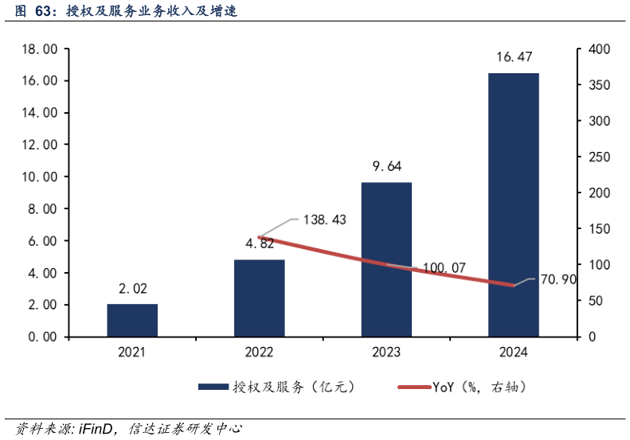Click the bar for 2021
(x=132, y=320)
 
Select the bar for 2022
(x=260, y=298)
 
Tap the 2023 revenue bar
(x=386, y=259)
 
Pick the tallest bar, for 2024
(x=514, y=204)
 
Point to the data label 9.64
(x=386, y=166)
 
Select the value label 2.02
(x=132, y=288)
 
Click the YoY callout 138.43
(x=324, y=219)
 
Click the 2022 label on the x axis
(x=260, y=352)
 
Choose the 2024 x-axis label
(x=514, y=352)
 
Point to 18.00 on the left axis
(x=40, y=49)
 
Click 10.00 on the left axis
(x=40, y=177)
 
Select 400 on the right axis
(x=599, y=49)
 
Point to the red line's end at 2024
(x=514, y=285)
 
